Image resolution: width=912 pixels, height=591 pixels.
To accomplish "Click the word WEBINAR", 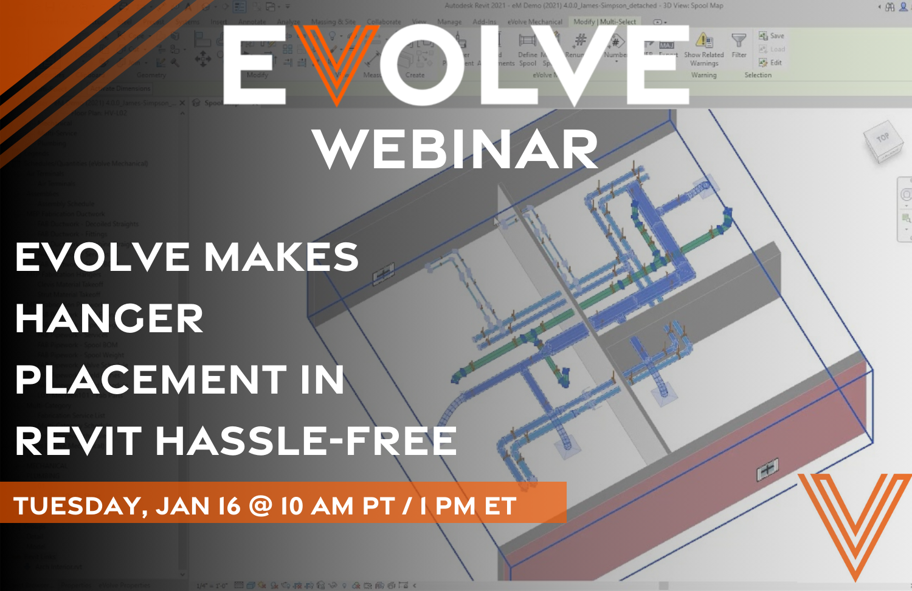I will pos(455,149).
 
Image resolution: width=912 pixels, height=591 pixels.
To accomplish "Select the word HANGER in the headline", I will pos(109,318).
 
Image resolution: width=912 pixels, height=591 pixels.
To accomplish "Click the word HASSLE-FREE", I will pos(306,441).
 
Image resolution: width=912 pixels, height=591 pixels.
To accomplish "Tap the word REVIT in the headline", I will pos(78,441).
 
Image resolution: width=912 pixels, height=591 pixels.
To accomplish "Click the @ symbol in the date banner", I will pos(260,506).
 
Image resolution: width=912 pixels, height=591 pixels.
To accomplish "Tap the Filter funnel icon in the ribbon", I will pos(739,41).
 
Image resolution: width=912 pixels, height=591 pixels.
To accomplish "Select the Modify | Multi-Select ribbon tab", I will pos(604,22).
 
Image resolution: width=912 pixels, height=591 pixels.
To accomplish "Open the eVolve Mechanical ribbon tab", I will pos(534,22).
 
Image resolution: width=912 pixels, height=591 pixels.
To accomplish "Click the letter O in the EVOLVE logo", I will pos(424,66).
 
